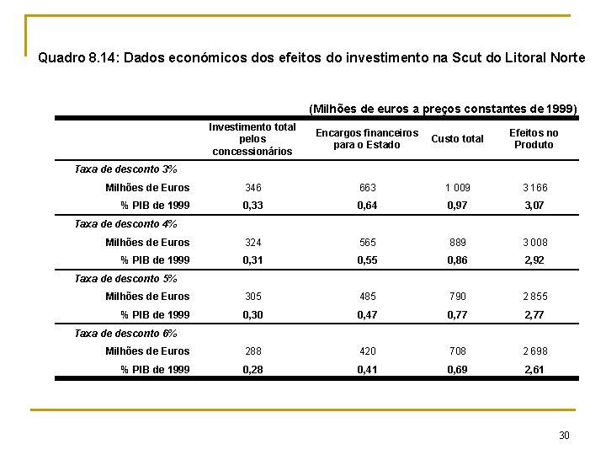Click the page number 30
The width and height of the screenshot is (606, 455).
click(x=564, y=435)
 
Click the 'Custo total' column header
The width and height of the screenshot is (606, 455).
click(x=457, y=139)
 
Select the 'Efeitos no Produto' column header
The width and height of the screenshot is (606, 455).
click(x=534, y=139)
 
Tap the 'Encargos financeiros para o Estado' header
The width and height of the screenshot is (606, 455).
click(x=366, y=139)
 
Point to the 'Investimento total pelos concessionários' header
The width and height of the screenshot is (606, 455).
click(x=252, y=139)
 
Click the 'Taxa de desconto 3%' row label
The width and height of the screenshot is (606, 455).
click(x=125, y=169)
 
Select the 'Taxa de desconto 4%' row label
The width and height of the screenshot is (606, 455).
click(x=125, y=224)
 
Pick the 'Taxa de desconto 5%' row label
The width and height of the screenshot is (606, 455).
click(x=125, y=278)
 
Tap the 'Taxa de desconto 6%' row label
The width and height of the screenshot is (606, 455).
click(x=125, y=333)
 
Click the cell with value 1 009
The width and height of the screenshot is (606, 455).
click(x=457, y=188)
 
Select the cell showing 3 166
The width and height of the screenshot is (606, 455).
click(x=534, y=188)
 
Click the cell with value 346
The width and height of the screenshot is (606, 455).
click(x=252, y=188)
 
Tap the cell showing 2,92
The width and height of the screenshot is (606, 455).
click(x=534, y=260)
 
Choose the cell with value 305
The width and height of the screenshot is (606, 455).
click(x=252, y=297)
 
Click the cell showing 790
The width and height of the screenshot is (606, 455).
click(x=457, y=297)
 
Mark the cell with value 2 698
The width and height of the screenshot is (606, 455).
click(x=534, y=351)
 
